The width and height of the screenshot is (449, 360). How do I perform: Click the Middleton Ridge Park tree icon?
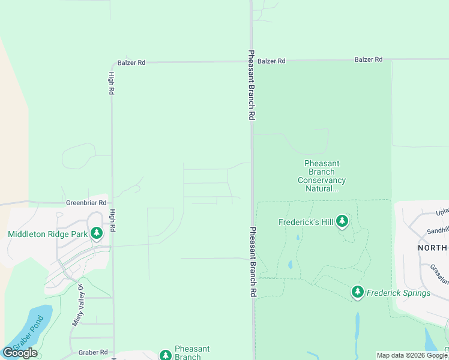(97, 233)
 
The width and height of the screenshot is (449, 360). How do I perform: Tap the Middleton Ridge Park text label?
(47, 234)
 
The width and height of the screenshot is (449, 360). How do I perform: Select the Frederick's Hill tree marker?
(342, 222)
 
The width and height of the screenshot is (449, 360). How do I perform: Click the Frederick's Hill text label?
(306, 222)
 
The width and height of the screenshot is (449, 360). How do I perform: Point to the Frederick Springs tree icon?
(358, 292)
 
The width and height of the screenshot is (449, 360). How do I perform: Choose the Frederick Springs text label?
(399, 293)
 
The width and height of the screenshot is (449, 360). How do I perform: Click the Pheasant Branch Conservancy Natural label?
(322, 176)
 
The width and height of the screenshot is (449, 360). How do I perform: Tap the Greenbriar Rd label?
(86, 203)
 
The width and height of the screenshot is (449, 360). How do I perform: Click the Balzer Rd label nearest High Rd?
(131, 62)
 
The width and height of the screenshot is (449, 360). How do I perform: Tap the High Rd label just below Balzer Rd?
(112, 83)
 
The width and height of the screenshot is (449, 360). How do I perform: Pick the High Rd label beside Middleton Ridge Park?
(112, 220)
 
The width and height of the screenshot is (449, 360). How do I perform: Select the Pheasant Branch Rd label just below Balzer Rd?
(252, 85)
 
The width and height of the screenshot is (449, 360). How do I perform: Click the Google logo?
(20, 353)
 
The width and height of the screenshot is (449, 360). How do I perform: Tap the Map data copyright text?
(412, 355)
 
